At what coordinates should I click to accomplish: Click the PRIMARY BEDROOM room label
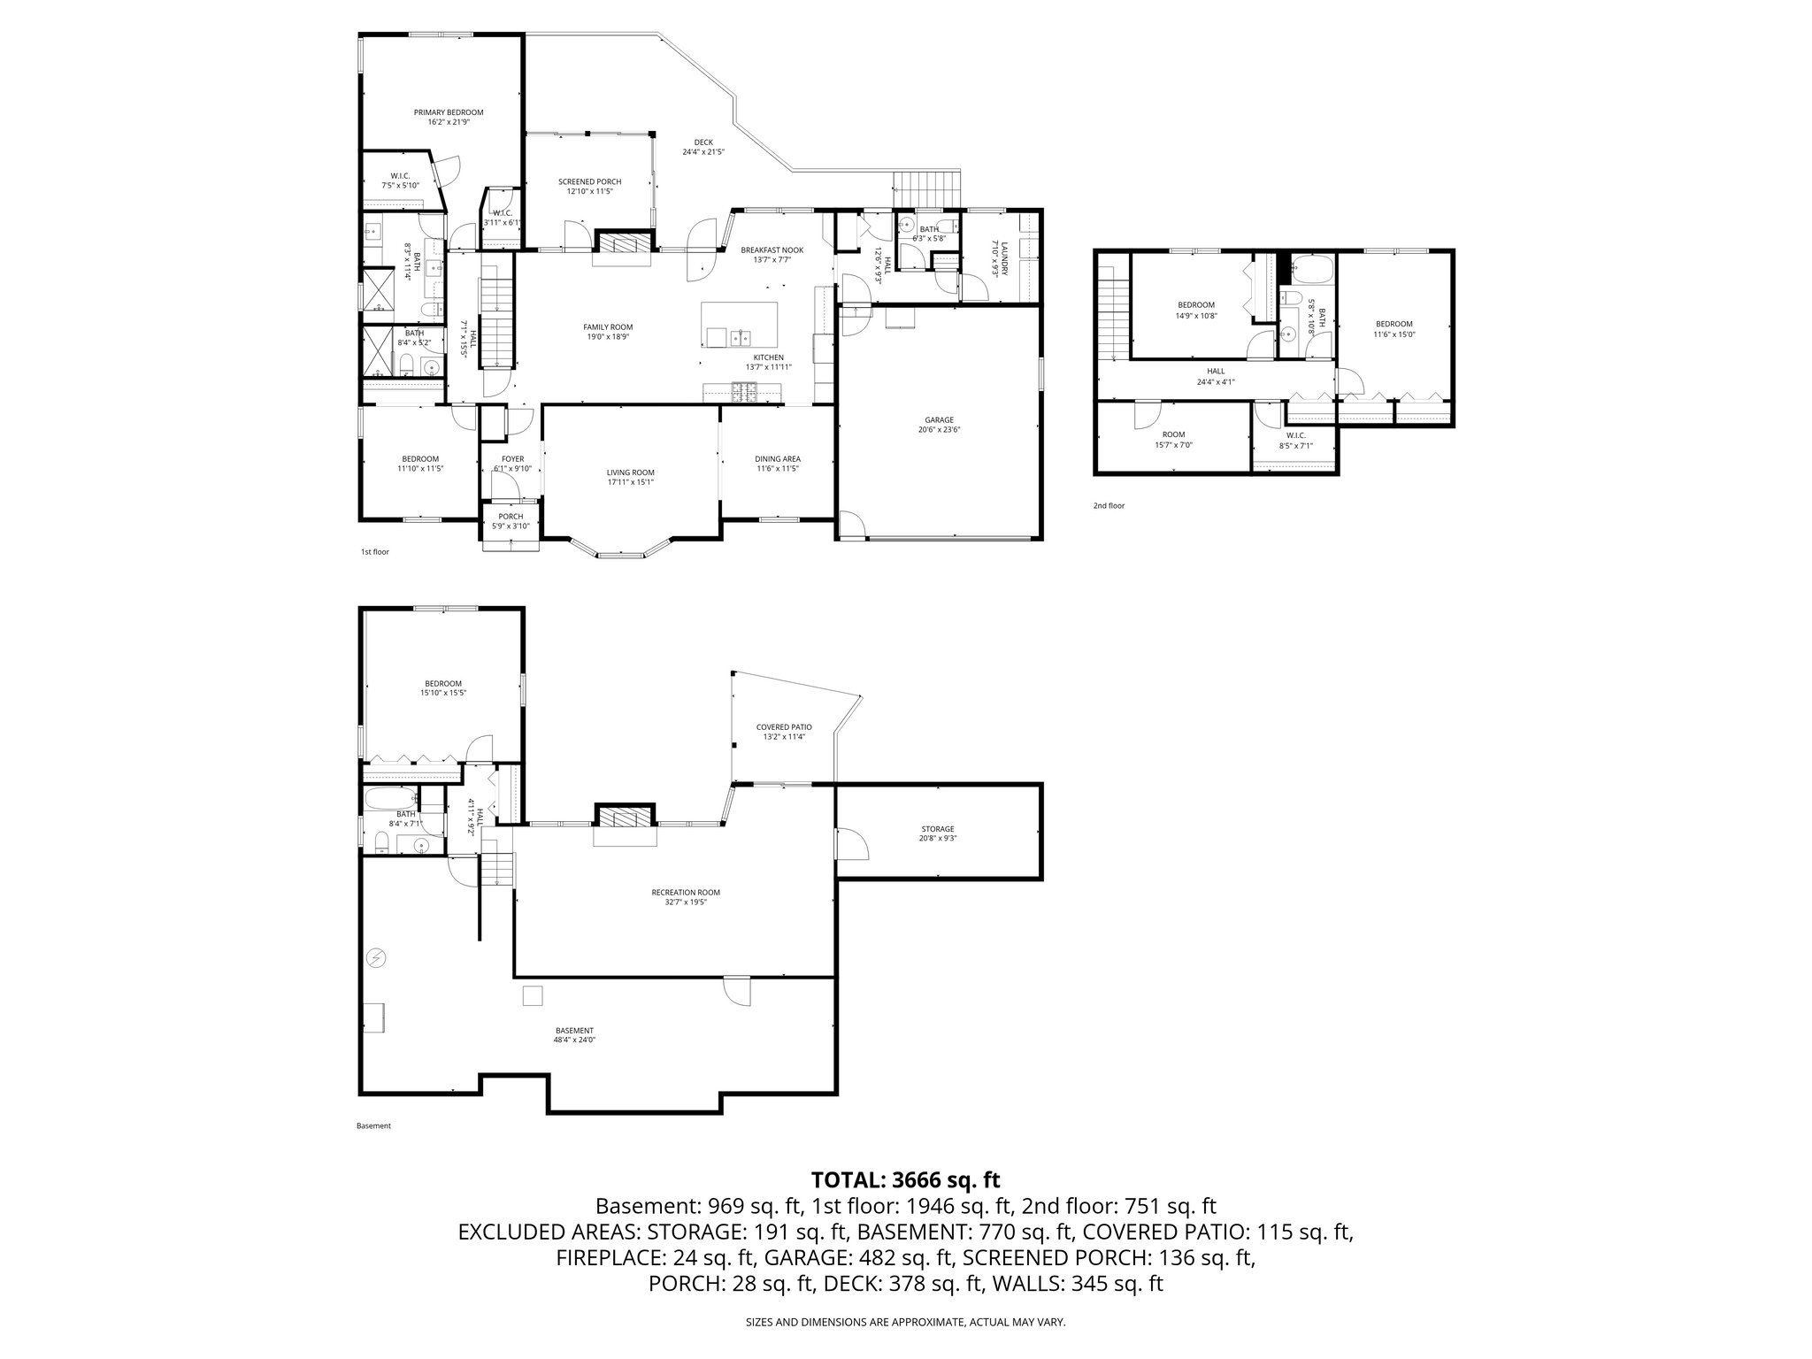coord(449,117)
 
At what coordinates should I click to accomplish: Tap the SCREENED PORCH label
coord(589,186)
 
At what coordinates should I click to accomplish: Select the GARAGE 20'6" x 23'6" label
coord(939,425)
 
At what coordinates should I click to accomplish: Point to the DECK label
coord(703,147)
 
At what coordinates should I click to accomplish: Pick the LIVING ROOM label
coord(630,477)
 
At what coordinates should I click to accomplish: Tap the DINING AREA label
coord(777,463)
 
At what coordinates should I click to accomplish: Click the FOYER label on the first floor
coord(512,463)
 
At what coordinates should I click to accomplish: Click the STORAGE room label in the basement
coord(938,833)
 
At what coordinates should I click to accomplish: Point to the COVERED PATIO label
coord(783,731)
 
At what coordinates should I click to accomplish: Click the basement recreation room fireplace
coord(626,816)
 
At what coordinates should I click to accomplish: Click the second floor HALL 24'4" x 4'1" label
coord(1215,376)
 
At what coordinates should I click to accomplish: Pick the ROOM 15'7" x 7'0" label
coord(1173,439)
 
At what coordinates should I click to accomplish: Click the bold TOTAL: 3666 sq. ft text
coord(905,1179)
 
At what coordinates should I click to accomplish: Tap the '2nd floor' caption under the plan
coord(1109,506)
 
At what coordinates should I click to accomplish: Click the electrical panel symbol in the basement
coord(378,957)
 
